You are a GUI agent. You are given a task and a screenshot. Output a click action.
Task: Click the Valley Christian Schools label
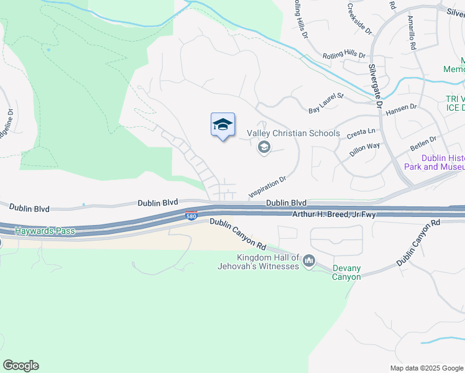[293, 134]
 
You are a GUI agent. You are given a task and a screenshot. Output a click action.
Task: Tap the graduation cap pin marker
[223, 126]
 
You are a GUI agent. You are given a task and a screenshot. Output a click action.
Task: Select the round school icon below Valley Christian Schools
[264, 147]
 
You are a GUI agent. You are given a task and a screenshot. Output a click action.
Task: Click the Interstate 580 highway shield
[192, 216]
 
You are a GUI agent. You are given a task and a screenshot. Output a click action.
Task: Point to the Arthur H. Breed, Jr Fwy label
[335, 214]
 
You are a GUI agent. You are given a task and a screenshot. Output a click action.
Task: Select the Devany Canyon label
[346, 272]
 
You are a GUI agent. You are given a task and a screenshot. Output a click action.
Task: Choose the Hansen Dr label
[401, 110]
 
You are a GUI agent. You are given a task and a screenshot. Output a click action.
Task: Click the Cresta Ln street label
[361, 132]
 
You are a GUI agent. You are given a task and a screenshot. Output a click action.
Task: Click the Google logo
[21, 366]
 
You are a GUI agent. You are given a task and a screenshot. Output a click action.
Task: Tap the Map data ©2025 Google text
[426, 368]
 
